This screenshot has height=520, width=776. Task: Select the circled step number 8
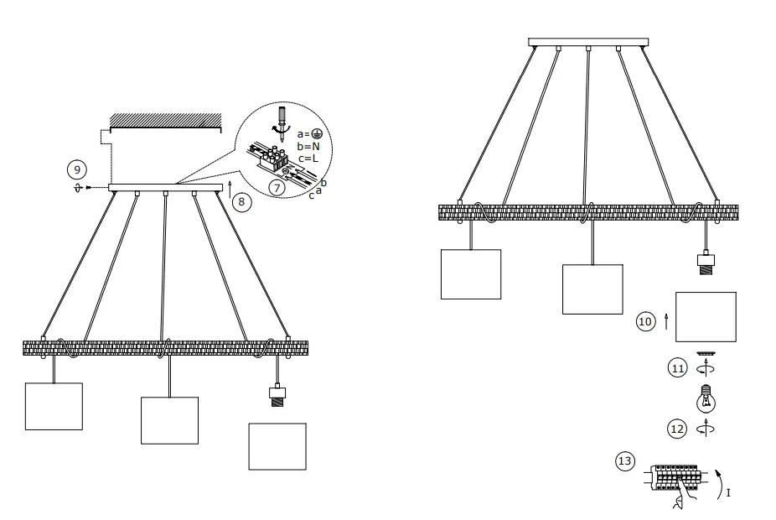[241, 201]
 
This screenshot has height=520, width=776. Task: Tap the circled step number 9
[76, 169]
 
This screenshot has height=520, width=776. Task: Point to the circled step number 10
[645, 321]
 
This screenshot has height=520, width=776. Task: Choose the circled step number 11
[678, 367]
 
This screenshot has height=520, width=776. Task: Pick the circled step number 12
[678, 429]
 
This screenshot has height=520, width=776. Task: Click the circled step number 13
[625, 462]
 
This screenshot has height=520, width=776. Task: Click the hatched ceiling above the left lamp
[165, 121]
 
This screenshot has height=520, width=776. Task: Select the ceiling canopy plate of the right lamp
[588, 42]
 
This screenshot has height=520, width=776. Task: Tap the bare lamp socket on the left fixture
[277, 396]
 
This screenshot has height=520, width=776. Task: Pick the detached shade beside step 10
[706, 317]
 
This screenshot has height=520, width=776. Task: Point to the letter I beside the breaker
[728, 493]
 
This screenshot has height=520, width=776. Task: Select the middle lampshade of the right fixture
[592, 289]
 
